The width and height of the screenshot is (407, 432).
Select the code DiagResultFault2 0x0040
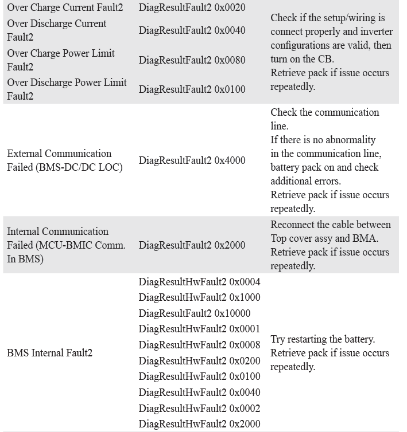(x=192, y=30)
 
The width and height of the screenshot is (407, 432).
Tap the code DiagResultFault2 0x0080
(x=192, y=60)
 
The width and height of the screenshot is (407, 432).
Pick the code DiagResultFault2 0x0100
(x=192, y=89)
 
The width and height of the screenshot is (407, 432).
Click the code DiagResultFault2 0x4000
(x=192, y=160)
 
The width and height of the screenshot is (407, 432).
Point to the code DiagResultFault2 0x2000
(x=192, y=245)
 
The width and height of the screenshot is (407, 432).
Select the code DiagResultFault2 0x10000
(x=195, y=313)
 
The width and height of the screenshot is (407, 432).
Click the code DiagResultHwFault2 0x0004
(x=199, y=282)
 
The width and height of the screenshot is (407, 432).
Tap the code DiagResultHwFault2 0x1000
(x=199, y=297)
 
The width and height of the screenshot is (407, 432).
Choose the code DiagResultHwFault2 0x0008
(x=199, y=345)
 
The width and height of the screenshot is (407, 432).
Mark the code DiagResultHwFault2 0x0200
(x=199, y=361)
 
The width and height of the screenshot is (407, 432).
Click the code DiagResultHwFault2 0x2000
(x=199, y=424)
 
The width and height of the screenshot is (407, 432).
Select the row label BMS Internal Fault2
(x=49, y=353)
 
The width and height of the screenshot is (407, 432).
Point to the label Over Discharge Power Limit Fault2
(x=67, y=89)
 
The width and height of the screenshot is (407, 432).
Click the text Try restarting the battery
(x=323, y=339)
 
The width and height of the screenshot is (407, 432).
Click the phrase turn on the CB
(x=302, y=59)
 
